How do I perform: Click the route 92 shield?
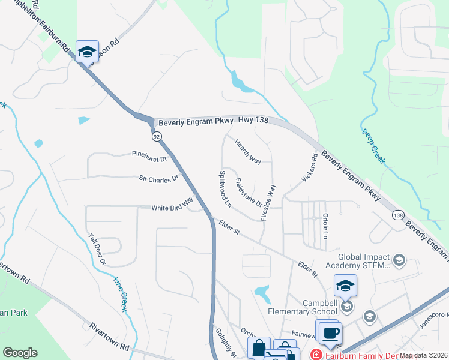[157, 137]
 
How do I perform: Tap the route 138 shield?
[397, 215]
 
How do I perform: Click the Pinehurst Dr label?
[149, 154]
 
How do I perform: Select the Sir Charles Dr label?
[159, 178]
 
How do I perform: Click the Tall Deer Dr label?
[97, 250]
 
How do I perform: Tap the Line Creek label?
[121, 293]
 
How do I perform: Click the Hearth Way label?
[247, 152]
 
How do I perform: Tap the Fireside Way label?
[268, 203]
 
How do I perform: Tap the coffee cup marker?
[329, 334]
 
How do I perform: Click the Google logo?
[20, 353]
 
